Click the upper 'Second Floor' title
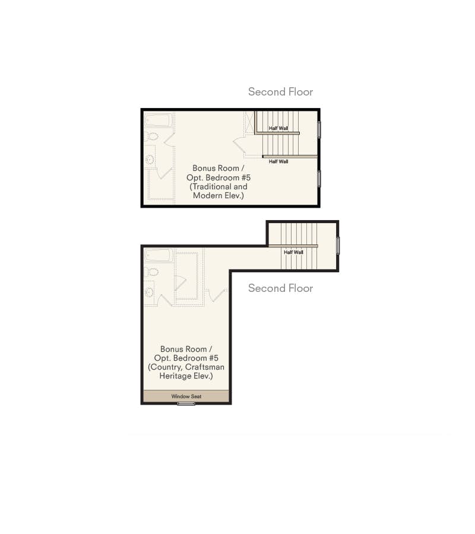point(280,92)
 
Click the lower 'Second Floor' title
point(280,288)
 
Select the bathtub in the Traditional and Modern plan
point(158,120)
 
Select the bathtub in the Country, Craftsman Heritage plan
point(158,256)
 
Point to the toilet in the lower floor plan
point(152,272)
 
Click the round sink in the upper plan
point(150,160)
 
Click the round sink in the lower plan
point(150,292)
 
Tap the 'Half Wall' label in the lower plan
point(293,252)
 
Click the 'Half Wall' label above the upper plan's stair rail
point(278,128)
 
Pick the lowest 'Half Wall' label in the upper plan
point(278,161)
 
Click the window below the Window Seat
point(186,403)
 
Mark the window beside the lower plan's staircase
point(338,246)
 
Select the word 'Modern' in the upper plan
point(205,195)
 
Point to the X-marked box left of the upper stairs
point(249,123)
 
